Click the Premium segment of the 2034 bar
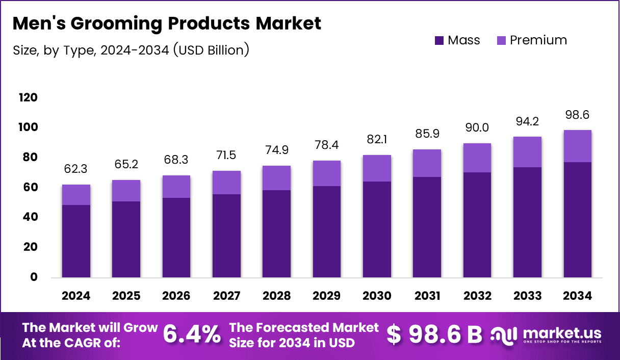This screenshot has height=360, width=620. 577,146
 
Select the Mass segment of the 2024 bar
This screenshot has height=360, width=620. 76,241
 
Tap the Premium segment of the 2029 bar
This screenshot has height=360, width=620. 326,173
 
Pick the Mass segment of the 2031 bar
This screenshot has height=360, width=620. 427,227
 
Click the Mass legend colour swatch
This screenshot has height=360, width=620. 440,41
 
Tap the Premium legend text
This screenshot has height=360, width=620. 538,40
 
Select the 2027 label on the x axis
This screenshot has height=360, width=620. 226,296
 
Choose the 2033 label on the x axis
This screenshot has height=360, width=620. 527,296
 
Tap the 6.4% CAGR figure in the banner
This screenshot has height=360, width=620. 192,335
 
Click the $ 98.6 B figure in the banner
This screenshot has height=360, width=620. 434,335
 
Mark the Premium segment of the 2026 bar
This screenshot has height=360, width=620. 176,187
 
